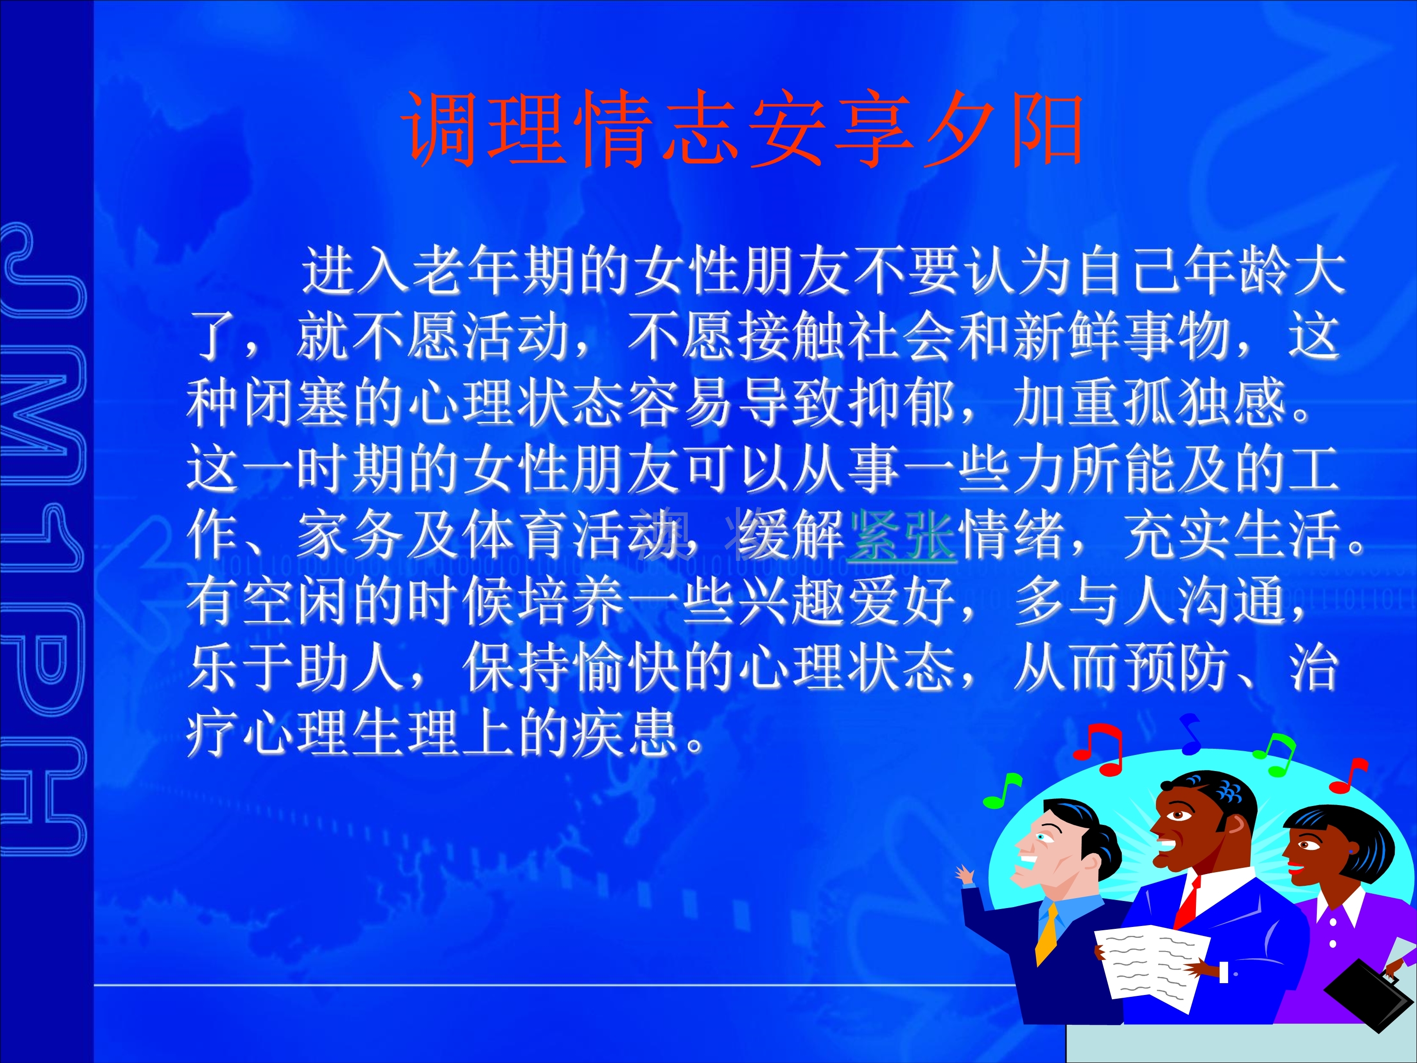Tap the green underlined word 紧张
click(902, 534)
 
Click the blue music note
click(1190, 734)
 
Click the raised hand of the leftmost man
click(965, 874)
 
